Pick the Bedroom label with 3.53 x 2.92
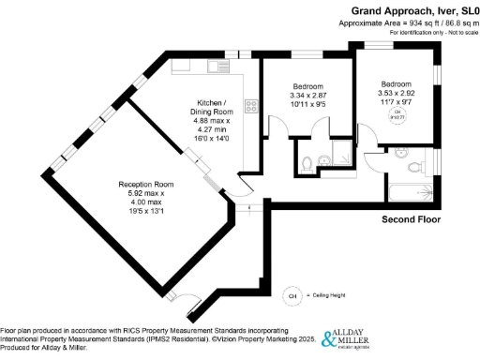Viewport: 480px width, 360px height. pos(397,82)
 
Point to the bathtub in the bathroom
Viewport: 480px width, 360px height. pos(409,193)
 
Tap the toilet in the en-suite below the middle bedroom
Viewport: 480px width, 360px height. pos(311,163)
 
